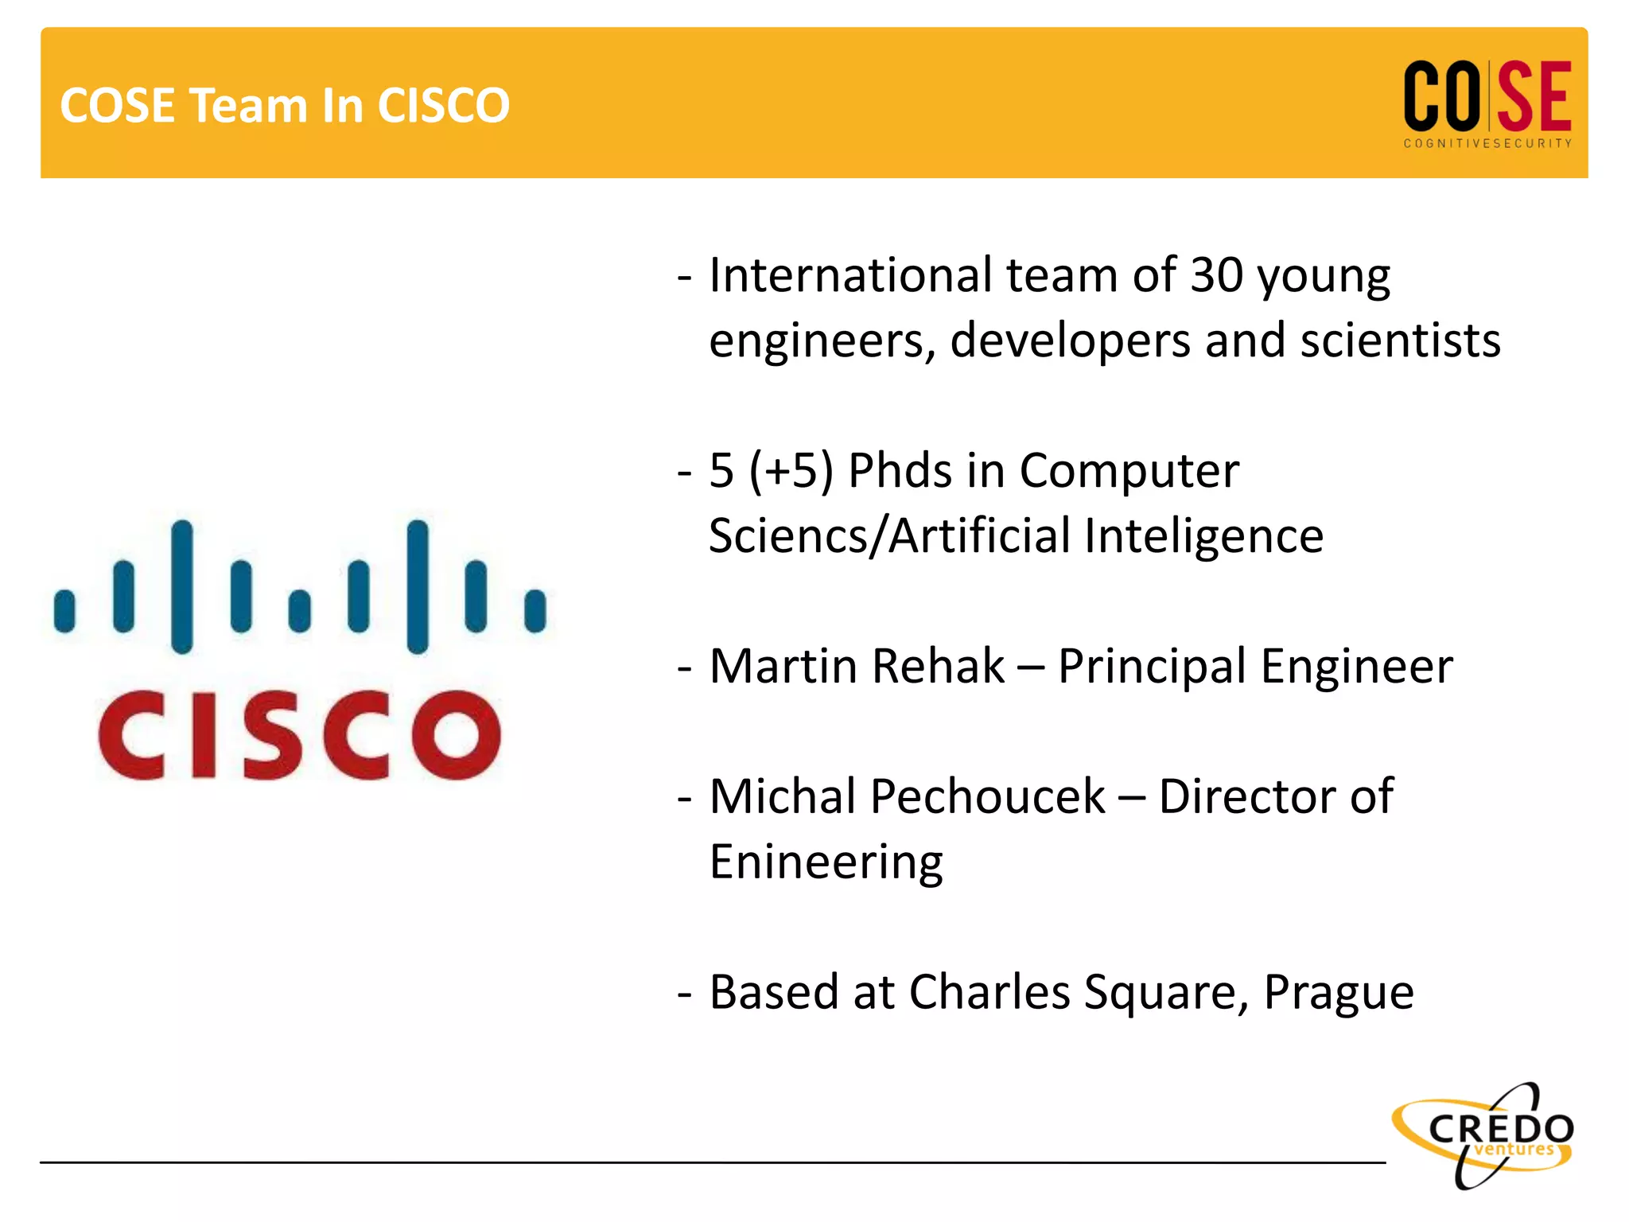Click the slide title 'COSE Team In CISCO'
(x=285, y=105)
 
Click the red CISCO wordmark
(x=300, y=735)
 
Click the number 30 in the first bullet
(x=1216, y=275)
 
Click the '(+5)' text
(x=791, y=470)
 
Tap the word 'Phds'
(x=900, y=470)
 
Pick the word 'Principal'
(x=1151, y=666)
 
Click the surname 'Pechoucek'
(x=987, y=796)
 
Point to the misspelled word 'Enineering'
(x=826, y=862)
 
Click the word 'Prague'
(x=1339, y=992)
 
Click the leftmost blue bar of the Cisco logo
(x=64, y=611)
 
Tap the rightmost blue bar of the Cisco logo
(x=535, y=611)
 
